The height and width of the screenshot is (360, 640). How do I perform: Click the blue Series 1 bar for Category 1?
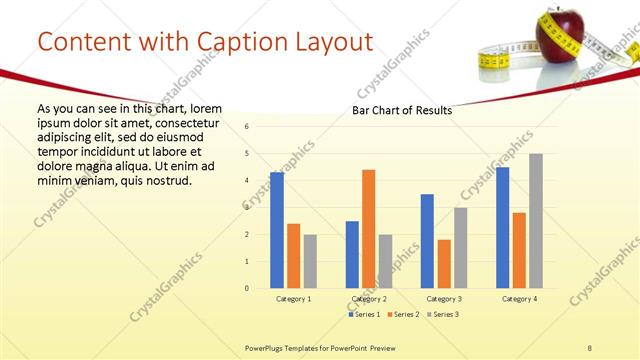point(277,230)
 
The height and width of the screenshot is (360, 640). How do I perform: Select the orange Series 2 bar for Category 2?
point(368,229)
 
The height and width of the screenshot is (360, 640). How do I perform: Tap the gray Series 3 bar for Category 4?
point(536,221)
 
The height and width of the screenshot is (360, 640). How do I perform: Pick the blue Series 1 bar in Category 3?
point(427,241)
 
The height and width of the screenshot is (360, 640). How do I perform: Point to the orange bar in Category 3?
point(443,264)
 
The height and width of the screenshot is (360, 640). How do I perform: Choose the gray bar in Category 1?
point(310,261)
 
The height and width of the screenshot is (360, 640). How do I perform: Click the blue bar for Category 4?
point(502,227)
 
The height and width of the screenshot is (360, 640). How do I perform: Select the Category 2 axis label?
point(369,299)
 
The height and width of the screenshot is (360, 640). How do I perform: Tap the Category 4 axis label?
point(519,299)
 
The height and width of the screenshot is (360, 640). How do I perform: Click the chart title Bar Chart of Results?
point(401,110)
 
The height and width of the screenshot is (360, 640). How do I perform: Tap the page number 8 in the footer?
point(590,346)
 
